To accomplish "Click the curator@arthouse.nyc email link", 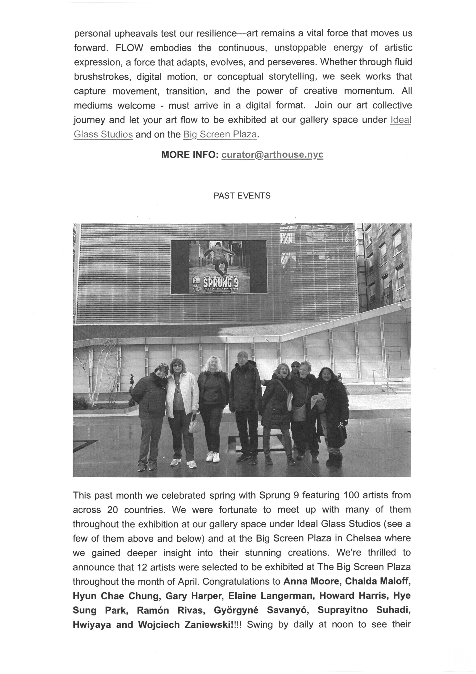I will (x=272, y=155).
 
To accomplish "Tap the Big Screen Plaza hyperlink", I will (x=220, y=135).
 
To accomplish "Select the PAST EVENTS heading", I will (x=242, y=196).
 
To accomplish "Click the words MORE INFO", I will (x=189, y=155).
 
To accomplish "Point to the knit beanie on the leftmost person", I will (x=161, y=368).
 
